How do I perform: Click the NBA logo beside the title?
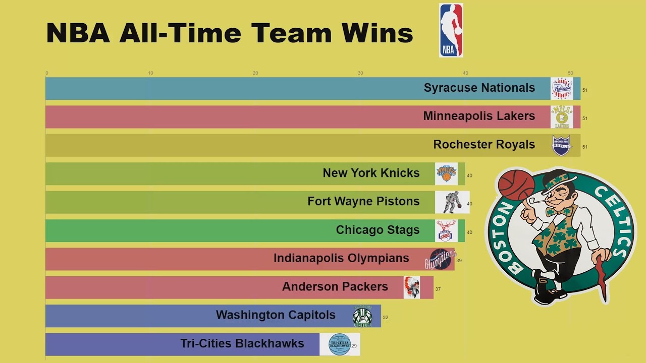451,30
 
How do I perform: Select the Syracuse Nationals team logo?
562,88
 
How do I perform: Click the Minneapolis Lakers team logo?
562,117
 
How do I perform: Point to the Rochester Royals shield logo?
561,145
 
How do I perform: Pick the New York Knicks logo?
446,173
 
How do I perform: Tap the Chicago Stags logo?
447,230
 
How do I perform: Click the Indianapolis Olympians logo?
440,260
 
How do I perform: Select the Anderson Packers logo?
411,287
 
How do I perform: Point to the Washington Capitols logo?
362,317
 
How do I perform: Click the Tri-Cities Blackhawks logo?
339,344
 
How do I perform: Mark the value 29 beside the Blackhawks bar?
355,346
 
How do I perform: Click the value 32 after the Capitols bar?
386,318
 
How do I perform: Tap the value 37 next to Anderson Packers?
438,289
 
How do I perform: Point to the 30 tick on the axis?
360,73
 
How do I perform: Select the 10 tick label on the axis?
150,73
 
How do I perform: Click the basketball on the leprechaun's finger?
516,185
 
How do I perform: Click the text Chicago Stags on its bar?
378,230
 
